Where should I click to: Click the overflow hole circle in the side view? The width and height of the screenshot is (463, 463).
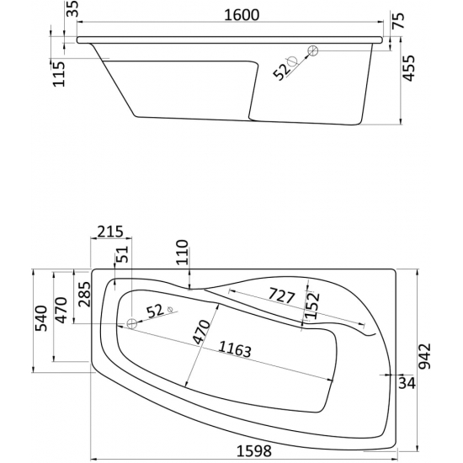311,51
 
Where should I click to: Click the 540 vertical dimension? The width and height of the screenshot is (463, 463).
39,320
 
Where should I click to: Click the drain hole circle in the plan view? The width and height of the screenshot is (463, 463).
130,324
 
